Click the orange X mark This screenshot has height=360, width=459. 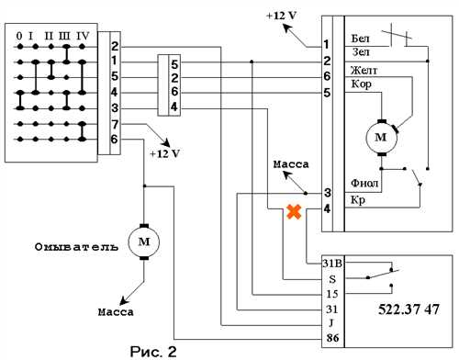pyautogui.click(x=294, y=212)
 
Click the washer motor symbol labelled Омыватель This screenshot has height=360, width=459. pyautogui.click(x=144, y=242)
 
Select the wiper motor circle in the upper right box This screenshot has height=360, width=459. pyautogui.click(x=381, y=138)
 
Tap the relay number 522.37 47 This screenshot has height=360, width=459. pyautogui.click(x=409, y=309)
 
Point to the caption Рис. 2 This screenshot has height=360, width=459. pyautogui.click(x=153, y=352)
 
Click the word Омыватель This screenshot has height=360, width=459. pyautogui.click(x=76, y=247)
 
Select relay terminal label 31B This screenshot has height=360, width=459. pyautogui.click(x=332, y=264)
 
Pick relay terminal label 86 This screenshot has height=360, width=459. pyautogui.click(x=332, y=338)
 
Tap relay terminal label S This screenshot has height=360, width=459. pyautogui.click(x=332, y=279)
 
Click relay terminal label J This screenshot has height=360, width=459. pyautogui.click(x=331, y=322)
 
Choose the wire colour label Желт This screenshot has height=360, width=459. pyautogui.click(x=364, y=71)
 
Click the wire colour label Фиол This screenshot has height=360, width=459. pyautogui.click(x=364, y=183)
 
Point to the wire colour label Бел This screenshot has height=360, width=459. pyautogui.click(x=361, y=39)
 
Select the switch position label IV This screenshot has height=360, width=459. pyautogui.click(x=83, y=36)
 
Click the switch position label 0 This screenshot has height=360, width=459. pyautogui.click(x=19, y=36)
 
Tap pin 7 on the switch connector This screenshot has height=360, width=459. pyautogui.click(x=115, y=125)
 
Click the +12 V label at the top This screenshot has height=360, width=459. pyautogui.click(x=282, y=16)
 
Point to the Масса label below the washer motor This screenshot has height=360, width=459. pyautogui.click(x=116, y=312)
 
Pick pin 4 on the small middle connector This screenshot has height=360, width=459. pyautogui.click(x=174, y=107)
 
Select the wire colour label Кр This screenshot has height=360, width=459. pyautogui.click(x=358, y=200)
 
